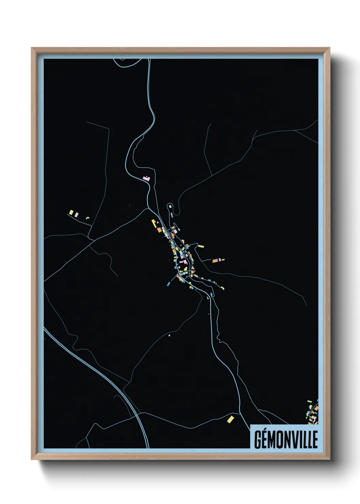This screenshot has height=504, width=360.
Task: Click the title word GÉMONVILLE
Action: (x=286, y=440)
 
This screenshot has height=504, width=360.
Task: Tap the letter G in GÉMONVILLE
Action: (x=258, y=440)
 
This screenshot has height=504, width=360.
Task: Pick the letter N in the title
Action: (x=287, y=440)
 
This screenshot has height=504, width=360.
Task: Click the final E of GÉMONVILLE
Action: (x=315, y=440)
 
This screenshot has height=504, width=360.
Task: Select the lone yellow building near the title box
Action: (x=231, y=419)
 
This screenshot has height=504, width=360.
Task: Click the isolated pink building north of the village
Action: (x=146, y=178)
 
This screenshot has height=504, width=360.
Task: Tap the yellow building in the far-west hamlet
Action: (x=71, y=212)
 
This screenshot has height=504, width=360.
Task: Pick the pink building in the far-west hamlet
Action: (x=77, y=215)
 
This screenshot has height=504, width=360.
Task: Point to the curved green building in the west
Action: (x=87, y=218)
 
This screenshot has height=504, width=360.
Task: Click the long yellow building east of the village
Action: (x=201, y=246)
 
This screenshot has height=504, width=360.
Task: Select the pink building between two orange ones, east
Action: (x=220, y=260)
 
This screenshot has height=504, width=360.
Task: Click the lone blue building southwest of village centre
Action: (x=168, y=283)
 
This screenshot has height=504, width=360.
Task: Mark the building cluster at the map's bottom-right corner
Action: (x=313, y=412)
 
